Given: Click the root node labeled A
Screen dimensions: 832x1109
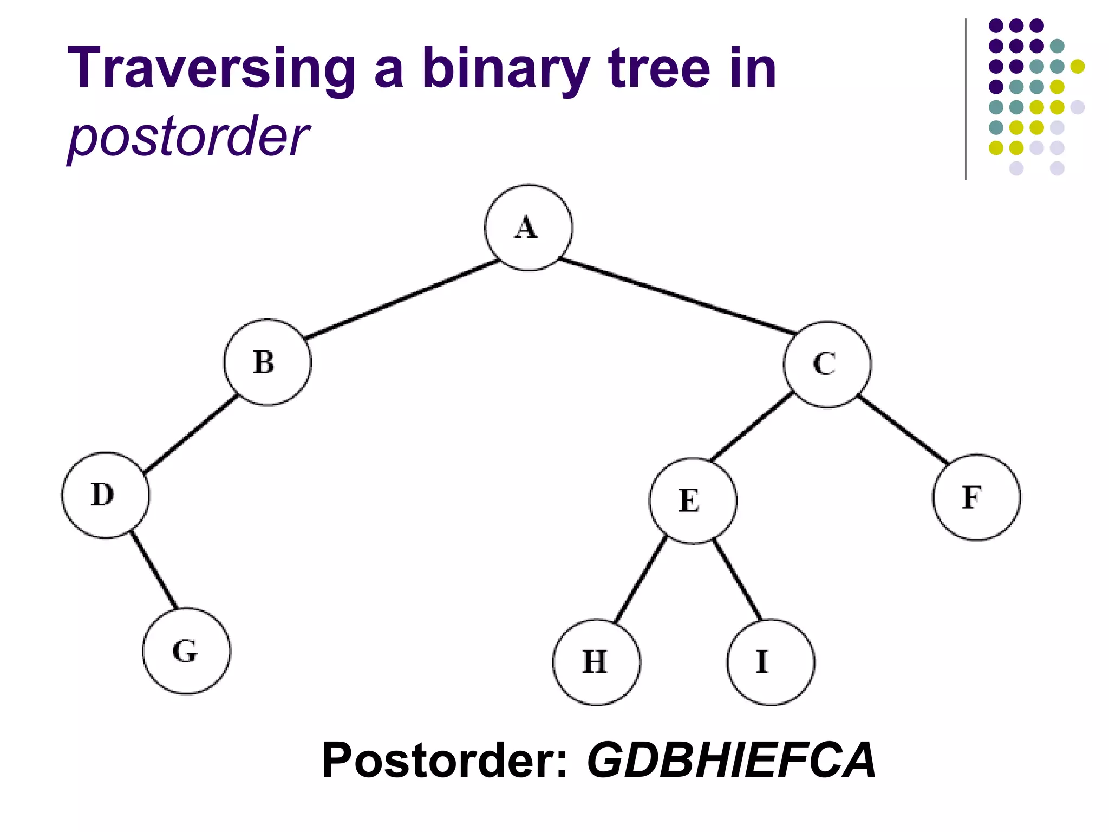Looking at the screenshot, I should coord(528,227).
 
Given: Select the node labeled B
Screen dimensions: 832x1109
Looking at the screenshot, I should coord(268,362).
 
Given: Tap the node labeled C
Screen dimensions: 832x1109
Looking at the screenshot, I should coord(827,364).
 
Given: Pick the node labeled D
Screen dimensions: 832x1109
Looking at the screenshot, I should coord(106,495).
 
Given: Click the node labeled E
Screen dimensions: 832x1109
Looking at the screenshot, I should coord(693,500).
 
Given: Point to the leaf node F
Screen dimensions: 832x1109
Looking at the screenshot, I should coord(976,497).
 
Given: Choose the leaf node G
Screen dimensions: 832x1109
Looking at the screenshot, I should coord(186,651).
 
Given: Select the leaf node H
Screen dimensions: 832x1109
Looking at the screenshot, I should coord(596,662).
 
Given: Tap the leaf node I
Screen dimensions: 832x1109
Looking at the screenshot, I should coord(770,662).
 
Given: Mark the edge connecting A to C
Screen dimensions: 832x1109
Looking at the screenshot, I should coord(677,296).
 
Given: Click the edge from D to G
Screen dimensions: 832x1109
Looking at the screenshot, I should coord(154,570).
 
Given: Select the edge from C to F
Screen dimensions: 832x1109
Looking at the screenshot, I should coord(903,430).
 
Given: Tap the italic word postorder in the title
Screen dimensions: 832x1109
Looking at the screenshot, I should coord(188,137).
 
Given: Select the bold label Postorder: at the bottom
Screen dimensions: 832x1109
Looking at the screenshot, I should coord(444,760).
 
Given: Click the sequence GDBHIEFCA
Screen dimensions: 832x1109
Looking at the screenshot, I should coord(731,760).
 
